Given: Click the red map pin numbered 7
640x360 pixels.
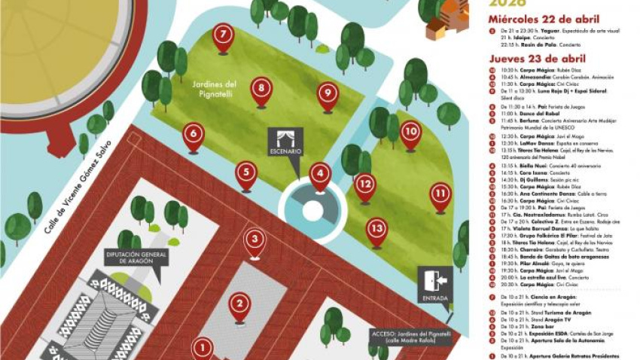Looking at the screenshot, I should tap(222, 35).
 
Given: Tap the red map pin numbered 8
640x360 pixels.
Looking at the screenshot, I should tap(261, 90).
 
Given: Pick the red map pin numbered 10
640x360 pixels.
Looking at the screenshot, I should tap(410, 133).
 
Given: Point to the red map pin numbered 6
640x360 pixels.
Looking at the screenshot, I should tap(194, 135).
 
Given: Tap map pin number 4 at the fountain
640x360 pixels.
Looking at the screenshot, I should tap(320, 175).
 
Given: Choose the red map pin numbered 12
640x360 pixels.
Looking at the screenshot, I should tap(365, 185).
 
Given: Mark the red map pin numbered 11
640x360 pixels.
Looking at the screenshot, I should tap(440, 195).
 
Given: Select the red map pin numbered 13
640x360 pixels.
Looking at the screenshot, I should tap(377, 229).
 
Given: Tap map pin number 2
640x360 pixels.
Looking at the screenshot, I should tap(239, 305).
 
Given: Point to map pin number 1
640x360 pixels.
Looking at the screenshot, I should tap(202, 348).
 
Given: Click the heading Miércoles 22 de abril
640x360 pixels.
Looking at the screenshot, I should tap(544, 19).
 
